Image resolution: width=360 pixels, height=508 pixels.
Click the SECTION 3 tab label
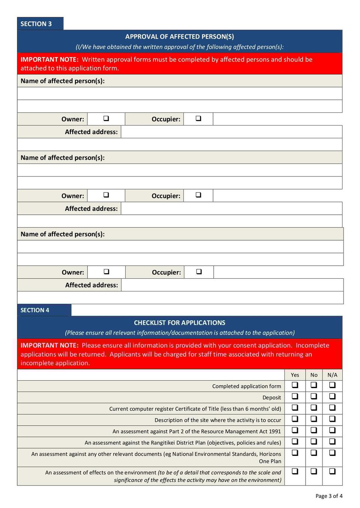pos(36,24)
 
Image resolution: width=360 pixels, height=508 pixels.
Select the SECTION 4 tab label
pos(35,310)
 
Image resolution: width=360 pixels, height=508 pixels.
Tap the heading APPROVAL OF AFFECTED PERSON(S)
pos(179,36)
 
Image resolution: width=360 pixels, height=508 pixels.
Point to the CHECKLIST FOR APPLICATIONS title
pos(179,323)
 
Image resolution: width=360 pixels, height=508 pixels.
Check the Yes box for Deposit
pos(295,396)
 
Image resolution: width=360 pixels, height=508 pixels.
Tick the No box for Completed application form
pos(314,385)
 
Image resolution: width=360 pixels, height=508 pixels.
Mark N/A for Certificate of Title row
pos(332,407)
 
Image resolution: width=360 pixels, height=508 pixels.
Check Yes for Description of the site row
pos(295,418)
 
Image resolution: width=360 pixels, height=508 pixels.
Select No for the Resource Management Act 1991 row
pos(314,430)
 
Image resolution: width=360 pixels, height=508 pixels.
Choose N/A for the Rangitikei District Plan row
pos(332,441)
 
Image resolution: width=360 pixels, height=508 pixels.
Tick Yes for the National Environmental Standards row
pos(295,453)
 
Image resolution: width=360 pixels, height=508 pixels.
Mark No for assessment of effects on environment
pos(314,471)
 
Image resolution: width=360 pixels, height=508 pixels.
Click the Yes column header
pos(295,375)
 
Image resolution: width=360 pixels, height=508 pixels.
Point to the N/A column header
pos(332,375)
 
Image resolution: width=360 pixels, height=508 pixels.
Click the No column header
pos(314,375)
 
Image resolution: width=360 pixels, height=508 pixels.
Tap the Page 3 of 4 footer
pos(329,496)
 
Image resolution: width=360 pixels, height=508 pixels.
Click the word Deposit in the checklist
pos(271,397)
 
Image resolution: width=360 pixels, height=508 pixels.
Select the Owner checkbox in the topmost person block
pos(106,118)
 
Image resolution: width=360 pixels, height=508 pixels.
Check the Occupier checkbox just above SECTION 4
pos(199,272)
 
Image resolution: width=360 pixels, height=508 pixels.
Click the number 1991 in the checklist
pos(274,431)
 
